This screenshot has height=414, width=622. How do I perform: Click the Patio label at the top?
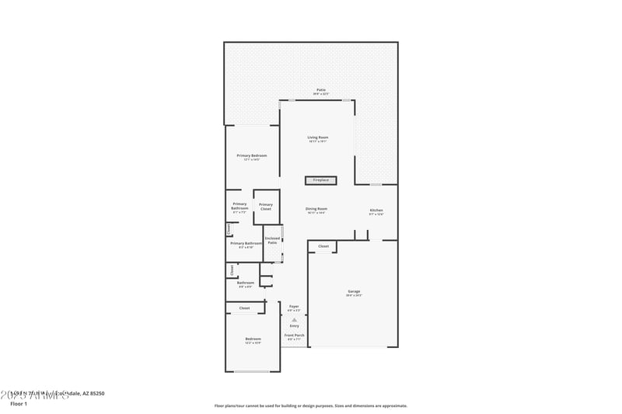point(321,90)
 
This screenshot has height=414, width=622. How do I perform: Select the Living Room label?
point(318,137)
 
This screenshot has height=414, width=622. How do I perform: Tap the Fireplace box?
point(320,180)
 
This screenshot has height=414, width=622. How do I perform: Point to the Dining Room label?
point(316,209)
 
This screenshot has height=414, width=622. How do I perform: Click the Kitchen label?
point(376,210)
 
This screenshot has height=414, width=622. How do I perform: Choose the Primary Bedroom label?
point(251,155)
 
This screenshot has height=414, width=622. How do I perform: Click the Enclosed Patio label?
point(272,241)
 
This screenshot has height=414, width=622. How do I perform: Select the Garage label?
point(354,292)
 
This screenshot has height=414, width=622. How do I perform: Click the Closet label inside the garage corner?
point(323,246)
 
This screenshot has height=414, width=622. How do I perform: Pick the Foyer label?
point(294,307)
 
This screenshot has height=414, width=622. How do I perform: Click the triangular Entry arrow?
point(294,318)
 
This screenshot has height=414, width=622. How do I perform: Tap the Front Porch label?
point(294,336)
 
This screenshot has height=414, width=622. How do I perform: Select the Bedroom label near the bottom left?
point(253,339)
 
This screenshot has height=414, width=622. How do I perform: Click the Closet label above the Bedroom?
point(244,308)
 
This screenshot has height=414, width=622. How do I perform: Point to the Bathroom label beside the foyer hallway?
point(246,284)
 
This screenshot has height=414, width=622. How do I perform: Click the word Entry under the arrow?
point(294,325)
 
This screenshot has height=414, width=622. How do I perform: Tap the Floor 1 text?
point(19,404)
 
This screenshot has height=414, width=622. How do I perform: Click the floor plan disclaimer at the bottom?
point(311,405)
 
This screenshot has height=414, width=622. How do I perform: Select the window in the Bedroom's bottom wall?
point(252,371)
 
